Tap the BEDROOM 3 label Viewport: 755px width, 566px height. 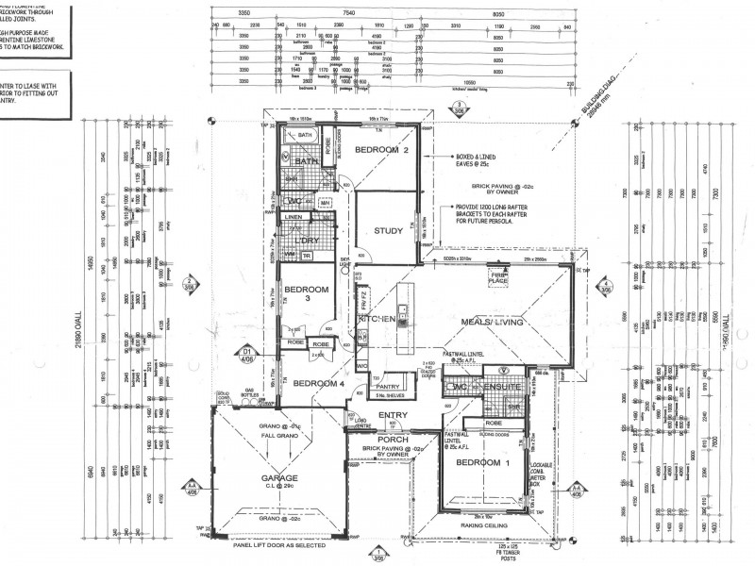click(x=306, y=293)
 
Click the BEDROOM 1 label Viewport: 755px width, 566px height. click(x=481, y=463)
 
